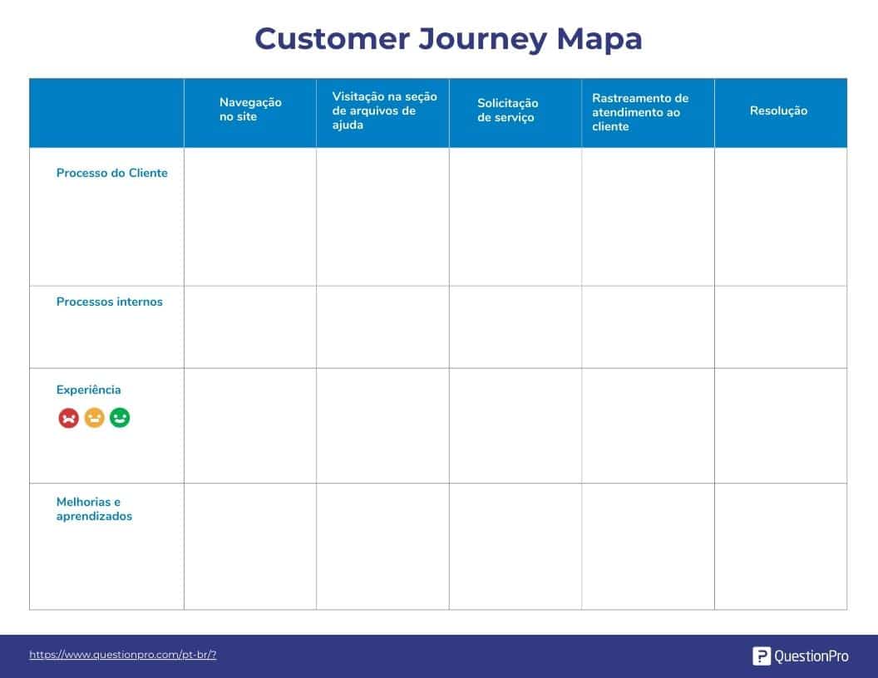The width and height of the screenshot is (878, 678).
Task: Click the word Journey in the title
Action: pos(482,40)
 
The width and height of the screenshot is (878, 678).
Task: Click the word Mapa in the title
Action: pos(599,40)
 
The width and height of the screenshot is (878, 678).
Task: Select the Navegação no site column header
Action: pos(250,110)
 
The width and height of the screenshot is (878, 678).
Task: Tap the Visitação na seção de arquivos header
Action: pos(385,111)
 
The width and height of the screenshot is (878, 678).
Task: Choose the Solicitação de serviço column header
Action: pos(508,111)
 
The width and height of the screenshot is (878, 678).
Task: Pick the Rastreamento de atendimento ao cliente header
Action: pos(640,112)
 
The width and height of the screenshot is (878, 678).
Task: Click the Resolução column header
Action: pos(778,111)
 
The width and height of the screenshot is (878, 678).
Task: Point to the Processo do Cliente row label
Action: pos(112,173)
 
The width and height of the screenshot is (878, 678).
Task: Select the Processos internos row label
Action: pos(109,302)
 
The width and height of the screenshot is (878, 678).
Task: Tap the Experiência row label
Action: pos(88,390)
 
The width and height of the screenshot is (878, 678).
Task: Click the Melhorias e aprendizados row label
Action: pos(94,509)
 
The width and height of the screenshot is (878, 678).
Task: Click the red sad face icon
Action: pos(69,418)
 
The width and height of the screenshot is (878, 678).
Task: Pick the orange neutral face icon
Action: pos(94,418)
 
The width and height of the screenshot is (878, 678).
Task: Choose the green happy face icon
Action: pos(120,418)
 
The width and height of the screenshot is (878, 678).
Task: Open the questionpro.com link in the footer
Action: pos(122,655)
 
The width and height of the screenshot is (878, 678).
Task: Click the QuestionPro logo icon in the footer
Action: pos(762,656)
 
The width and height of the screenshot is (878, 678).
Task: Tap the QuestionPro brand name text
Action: pos(811,656)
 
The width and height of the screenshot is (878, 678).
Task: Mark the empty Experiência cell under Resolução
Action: pos(781,425)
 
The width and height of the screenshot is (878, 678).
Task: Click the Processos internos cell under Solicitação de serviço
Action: pos(515,327)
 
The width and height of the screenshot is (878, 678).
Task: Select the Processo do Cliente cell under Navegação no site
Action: pos(250,217)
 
